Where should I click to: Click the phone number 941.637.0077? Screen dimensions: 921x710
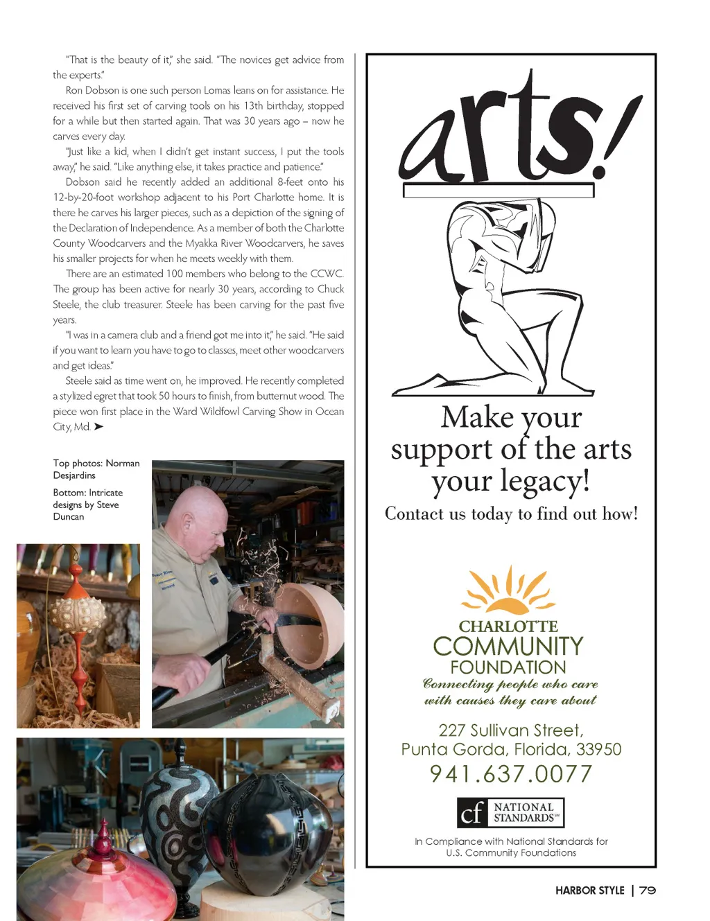[x=511, y=773]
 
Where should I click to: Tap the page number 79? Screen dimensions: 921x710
[x=648, y=891]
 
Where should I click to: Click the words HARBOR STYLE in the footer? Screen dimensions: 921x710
[x=589, y=891]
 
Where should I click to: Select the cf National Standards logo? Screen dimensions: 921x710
[x=510, y=812]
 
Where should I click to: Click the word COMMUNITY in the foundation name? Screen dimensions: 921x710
[x=508, y=647]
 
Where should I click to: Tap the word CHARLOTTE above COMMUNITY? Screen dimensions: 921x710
[x=508, y=626]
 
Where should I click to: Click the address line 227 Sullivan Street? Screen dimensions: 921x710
[x=511, y=730]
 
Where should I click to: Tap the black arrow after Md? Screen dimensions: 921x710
[x=98, y=427]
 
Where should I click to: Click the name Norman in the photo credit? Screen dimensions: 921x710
[x=123, y=464]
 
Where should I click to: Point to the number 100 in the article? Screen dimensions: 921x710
[x=175, y=274]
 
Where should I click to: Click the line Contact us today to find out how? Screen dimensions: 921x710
[x=511, y=514]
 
